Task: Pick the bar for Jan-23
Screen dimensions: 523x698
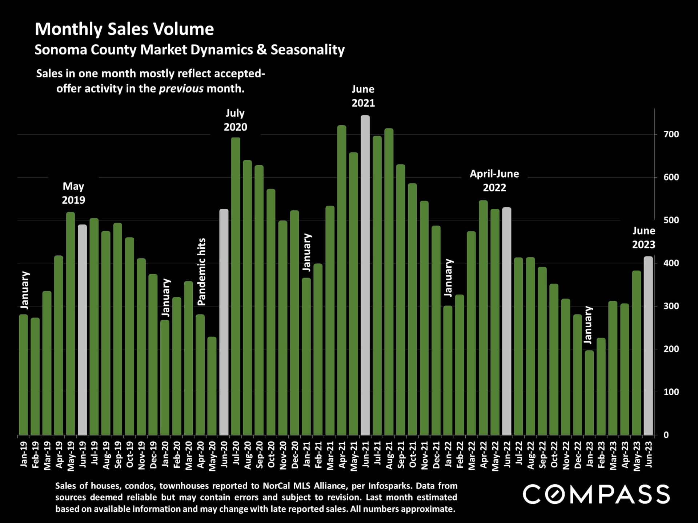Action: tap(589, 392)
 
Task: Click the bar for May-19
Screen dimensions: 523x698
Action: tap(71, 323)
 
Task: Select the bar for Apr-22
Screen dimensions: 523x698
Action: tap(483, 317)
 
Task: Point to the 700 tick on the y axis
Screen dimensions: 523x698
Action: tap(671, 134)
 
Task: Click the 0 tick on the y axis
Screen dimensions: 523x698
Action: tap(666, 435)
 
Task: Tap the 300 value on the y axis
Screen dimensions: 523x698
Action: tap(671, 306)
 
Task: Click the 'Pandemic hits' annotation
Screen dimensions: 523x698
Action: tap(201, 271)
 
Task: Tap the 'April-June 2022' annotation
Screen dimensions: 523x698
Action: tap(494, 181)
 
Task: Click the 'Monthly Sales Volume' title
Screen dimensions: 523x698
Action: tap(124, 29)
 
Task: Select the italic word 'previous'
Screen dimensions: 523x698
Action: tap(181, 89)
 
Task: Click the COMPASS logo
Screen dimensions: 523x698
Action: tap(596, 494)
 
